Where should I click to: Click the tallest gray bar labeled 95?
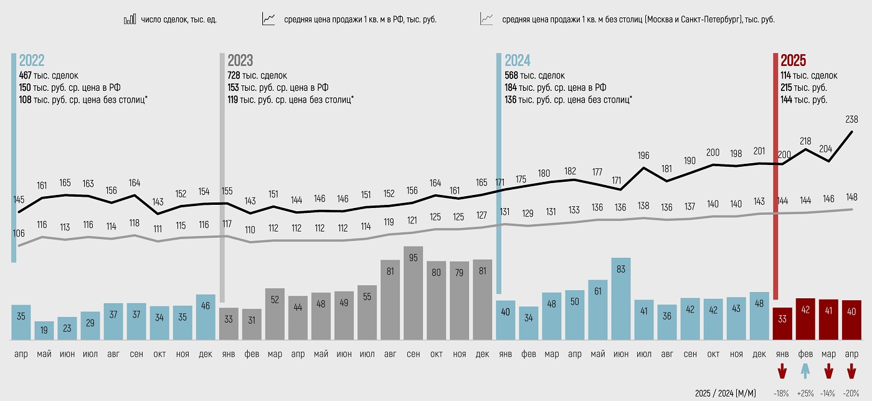(x=413, y=293)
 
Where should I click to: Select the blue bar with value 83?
(x=620, y=298)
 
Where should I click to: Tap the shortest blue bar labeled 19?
(x=44, y=330)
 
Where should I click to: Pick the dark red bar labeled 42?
(x=805, y=319)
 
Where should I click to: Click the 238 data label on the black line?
(x=851, y=119)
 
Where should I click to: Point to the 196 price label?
(x=643, y=155)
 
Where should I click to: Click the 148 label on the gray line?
(x=851, y=197)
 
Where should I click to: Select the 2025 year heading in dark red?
(x=793, y=60)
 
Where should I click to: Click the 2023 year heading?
(x=240, y=60)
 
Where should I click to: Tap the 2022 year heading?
(x=32, y=60)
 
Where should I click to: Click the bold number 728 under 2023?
(x=235, y=75)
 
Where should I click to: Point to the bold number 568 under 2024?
(x=512, y=75)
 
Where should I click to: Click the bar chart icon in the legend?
(x=130, y=19)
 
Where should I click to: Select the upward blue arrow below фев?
(x=805, y=372)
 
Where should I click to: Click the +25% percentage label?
(x=805, y=394)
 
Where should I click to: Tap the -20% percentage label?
(x=851, y=394)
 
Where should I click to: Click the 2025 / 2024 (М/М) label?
(x=725, y=394)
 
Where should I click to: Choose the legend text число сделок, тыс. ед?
(x=178, y=19)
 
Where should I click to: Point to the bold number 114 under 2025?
(x=787, y=75)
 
